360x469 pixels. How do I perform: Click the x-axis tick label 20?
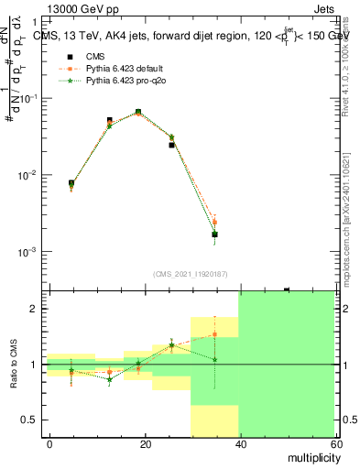[145, 443]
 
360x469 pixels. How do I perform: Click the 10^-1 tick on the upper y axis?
[28, 98]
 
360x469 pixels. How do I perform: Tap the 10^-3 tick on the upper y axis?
[28, 251]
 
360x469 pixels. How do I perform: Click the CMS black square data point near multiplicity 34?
[214, 234]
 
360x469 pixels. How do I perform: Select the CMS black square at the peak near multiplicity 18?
[138, 112]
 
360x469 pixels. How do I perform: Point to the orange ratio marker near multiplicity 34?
[214, 334]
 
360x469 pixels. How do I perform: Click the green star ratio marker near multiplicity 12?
[110, 379]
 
